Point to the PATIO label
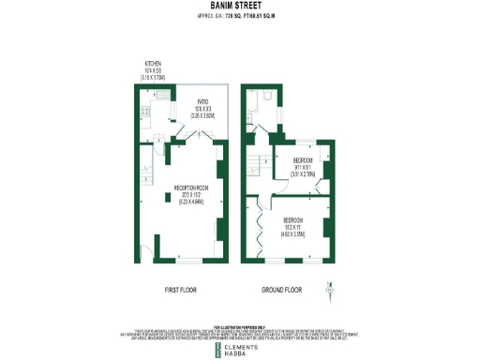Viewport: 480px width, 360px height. (202, 104)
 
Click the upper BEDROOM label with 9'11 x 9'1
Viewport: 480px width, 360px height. (302, 160)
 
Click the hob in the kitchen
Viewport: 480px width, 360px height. (144, 112)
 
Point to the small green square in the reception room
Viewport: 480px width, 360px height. (167, 198)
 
